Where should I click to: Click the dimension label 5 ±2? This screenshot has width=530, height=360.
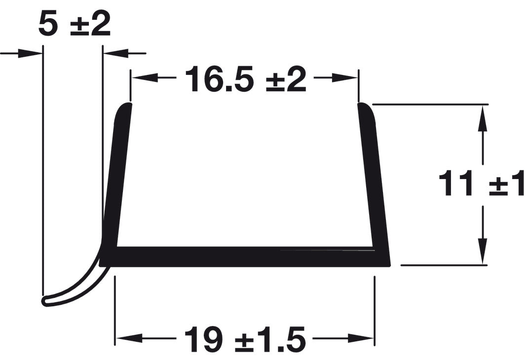(x=74, y=25)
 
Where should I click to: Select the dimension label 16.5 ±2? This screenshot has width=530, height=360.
(x=245, y=79)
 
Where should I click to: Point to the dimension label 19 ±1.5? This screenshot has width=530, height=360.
(x=244, y=339)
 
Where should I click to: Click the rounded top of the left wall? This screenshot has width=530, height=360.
(x=124, y=108)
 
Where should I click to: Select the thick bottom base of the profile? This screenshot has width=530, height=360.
(x=247, y=257)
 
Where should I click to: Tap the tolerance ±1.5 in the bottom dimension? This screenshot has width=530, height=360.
(x=269, y=339)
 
